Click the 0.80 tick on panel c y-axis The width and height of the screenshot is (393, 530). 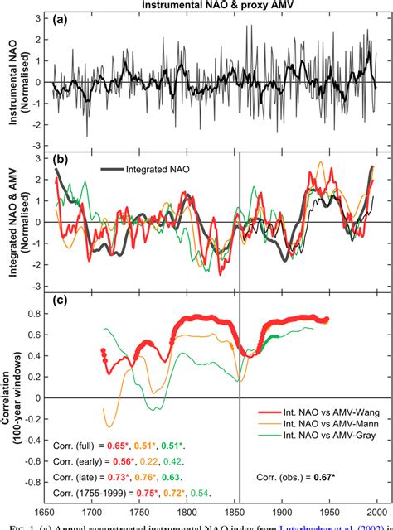[34, 313]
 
